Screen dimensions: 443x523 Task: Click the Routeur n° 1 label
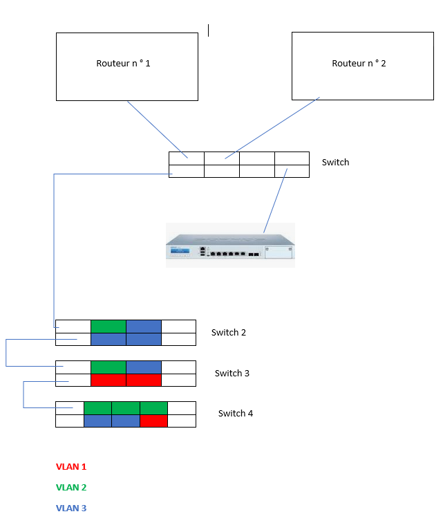pyautogui.click(x=123, y=64)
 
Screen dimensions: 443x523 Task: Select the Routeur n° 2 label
pyautogui.click(x=359, y=64)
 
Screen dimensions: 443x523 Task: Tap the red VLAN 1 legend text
pyautogui.click(x=71, y=467)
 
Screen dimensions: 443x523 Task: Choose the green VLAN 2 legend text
pyautogui.click(x=71, y=487)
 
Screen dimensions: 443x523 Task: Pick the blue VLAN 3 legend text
pyautogui.click(x=71, y=508)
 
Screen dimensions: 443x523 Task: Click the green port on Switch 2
pyautogui.click(x=109, y=327)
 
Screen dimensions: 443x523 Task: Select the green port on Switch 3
pyautogui.click(x=109, y=367)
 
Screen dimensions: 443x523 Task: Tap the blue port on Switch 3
pyautogui.click(x=144, y=367)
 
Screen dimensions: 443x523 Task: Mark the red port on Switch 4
pyautogui.click(x=153, y=421)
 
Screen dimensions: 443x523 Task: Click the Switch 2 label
pyautogui.click(x=229, y=333)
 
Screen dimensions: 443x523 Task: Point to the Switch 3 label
pyautogui.click(x=232, y=374)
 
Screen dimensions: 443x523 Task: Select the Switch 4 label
pyautogui.click(x=236, y=414)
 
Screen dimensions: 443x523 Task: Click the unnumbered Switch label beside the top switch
pyautogui.click(x=336, y=163)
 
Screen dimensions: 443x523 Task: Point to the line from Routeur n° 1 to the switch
pyautogui.click(x=158, y=130)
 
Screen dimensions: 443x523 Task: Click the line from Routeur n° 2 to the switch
pyautogui.click(x=272, y=128)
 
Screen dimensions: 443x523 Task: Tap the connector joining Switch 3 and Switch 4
pyautogui.click(x=23, y=394)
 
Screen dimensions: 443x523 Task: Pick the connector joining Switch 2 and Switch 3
pyautogui.click(x=6, y=353)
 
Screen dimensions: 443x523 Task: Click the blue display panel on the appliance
pyautogui.click(x=180, y=250)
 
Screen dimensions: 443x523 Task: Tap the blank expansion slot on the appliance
pyautogui.click(x=279, y=252)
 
